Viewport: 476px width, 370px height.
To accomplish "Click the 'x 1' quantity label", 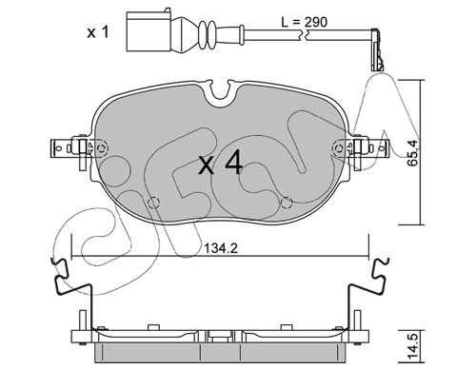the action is (x=98, y=32).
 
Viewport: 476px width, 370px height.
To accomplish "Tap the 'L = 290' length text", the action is (x=304, y=22).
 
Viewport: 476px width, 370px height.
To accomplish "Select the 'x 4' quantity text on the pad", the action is (x=220, y=164).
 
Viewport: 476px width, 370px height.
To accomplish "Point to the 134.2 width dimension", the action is (x=220, y=248).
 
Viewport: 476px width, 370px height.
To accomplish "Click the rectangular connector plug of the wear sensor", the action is (x=149, y=31).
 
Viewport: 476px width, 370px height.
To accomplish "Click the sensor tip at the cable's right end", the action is (x=377, y=50).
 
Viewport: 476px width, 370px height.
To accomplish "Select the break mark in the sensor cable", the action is (x=303, y=34).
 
